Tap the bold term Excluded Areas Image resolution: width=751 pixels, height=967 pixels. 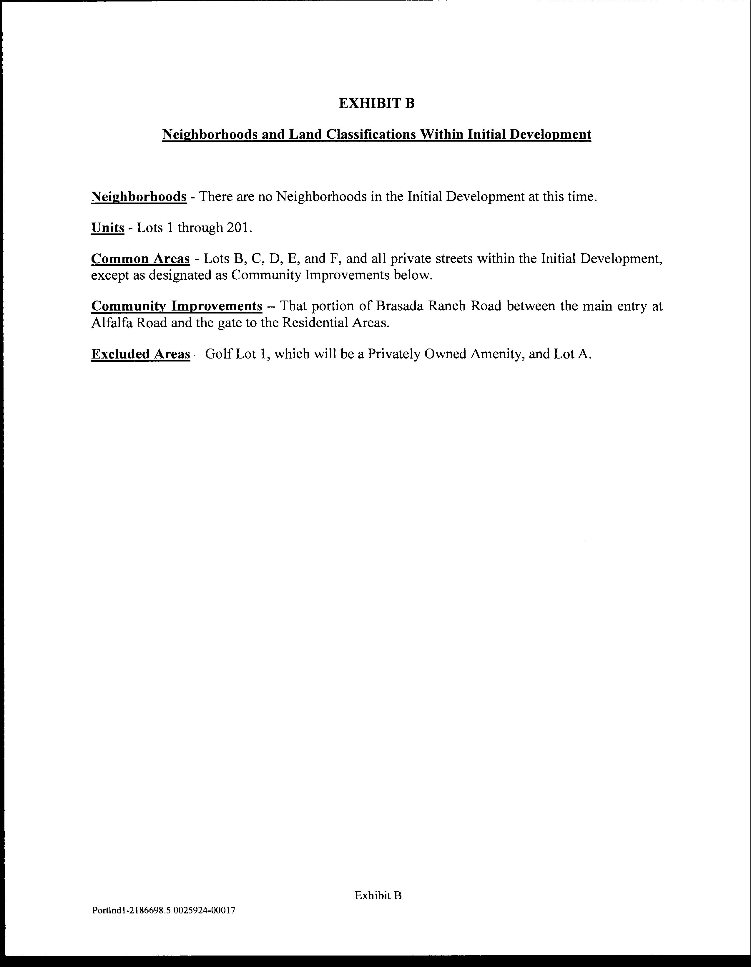140,354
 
